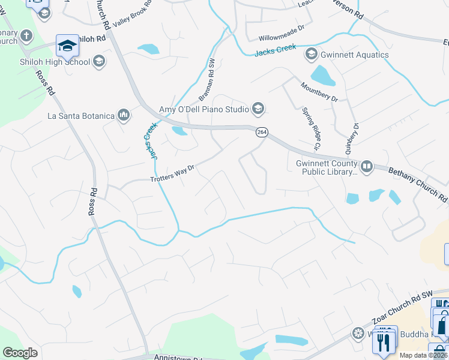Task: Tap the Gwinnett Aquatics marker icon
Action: pyautogui.click(x=312, y=55)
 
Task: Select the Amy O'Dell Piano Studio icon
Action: pyautogui.click(x=258, y=109)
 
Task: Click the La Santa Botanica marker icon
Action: pyautogui.click(x=124, y=115)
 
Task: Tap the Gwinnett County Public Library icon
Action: pyautogui.click(x=366, y=166)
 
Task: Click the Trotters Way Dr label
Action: pyautogui.click(x=173, y=175)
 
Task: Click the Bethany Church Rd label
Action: pyautogui.click(x=418, y=185)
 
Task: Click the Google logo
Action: pyautogui.click(x=20, y=352)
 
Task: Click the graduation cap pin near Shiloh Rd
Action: pyautogui.click(x=67, y=45)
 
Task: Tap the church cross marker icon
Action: pyautogui.click(x=26, y=35)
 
